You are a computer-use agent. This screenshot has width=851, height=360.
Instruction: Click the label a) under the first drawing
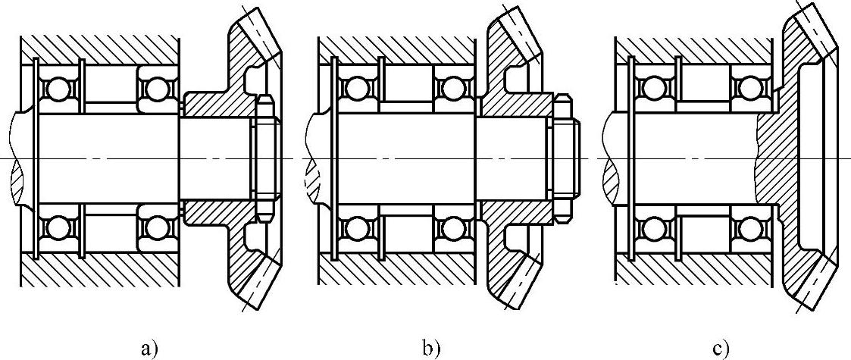click(x=149, y=349)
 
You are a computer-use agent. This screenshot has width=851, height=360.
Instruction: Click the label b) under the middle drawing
click(x=430, y=349)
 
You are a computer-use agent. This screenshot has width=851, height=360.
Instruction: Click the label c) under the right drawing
click(x=721, y=349)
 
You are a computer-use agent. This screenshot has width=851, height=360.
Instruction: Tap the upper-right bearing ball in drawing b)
click(x=452, y=90)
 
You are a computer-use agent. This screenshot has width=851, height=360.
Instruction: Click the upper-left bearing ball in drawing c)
click(x=651, y=90)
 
